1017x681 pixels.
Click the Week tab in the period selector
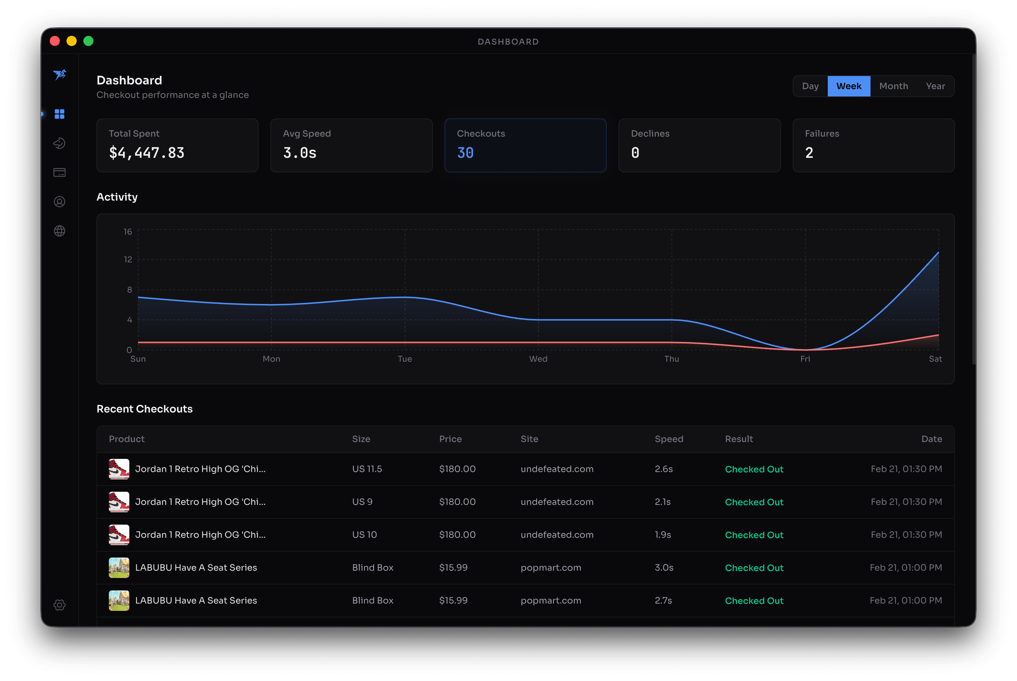[x=849, y=86]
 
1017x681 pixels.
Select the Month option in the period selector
[x=893, y=86]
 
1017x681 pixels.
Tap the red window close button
[x=55, y=41]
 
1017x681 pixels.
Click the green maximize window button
[x=89, y=41]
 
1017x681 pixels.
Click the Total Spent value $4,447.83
[x=147, y=153]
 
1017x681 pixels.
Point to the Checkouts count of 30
[x=465, y=153]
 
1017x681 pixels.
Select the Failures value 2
[x=809, y=153]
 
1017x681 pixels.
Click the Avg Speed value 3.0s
[x=300, y=153]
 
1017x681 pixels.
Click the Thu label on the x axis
[x=671, y=359]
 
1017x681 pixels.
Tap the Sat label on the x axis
[x=935, y=359]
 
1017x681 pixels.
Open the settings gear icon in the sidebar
[x=60, y=605]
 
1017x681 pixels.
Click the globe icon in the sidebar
[x=60, y=231]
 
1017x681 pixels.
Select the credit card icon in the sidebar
[x=60, y=172]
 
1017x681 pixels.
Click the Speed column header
[x=669, y=439]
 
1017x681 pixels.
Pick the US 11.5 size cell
[x=367, y=469]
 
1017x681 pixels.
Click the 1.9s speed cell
[x=663, y=534]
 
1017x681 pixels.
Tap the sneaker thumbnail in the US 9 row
[x=119, y=502]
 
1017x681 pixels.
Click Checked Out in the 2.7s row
[x=754, y=601]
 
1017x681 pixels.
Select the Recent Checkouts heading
[x=145, y=409]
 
